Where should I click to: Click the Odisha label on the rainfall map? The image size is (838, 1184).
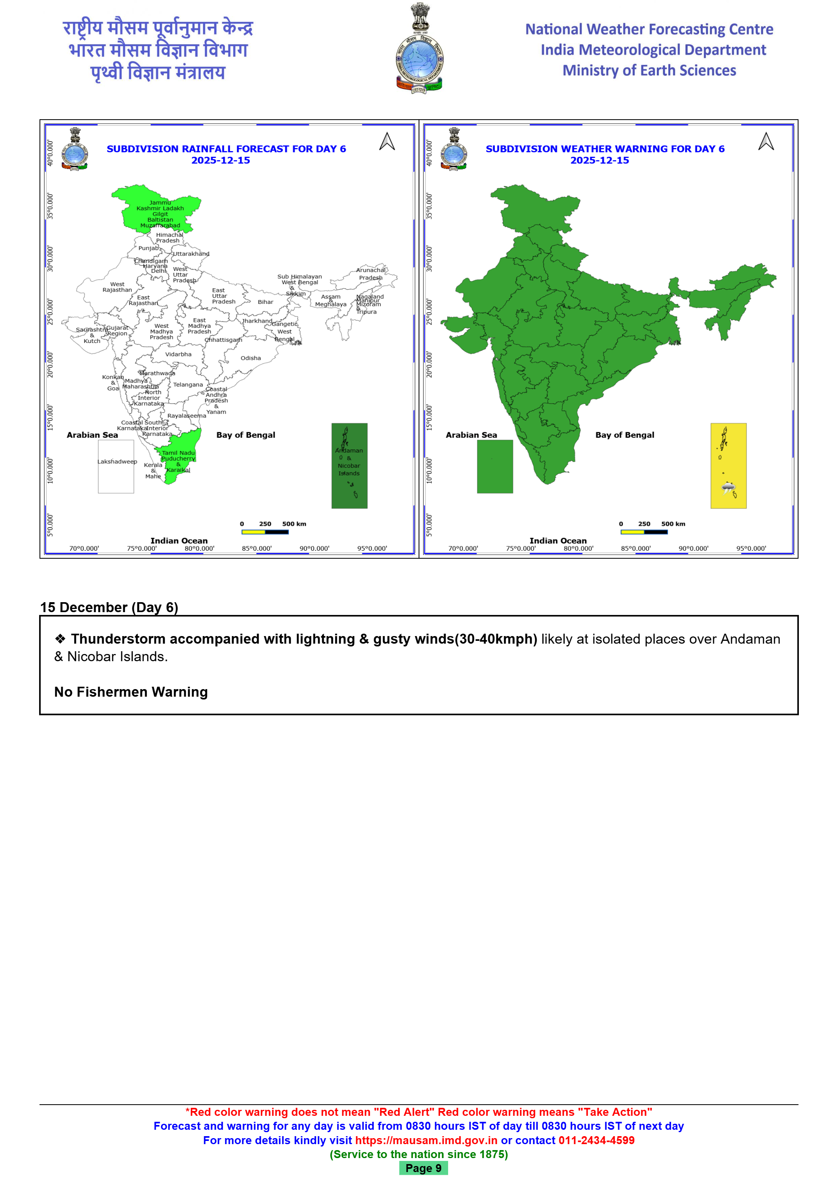point(250,358)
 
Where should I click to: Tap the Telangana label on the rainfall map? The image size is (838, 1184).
point(188,385)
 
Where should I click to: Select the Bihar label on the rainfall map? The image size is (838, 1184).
point(265,302)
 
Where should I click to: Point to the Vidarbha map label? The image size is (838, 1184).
point(178,354)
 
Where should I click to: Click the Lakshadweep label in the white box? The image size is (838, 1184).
point(117,461)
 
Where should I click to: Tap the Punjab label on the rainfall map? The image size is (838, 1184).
point(148,248)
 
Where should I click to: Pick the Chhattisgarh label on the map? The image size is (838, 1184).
point(223,340)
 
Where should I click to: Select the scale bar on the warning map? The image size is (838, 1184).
point(644,532)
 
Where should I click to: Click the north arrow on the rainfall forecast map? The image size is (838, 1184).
point(387,142)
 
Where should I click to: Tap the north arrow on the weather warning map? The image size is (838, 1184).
point(766,142)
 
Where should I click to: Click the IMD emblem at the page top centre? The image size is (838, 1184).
point(419,49)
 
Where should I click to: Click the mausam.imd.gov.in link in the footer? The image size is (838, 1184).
point(426,1140)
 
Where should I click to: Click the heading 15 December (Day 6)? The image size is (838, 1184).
point(109,607)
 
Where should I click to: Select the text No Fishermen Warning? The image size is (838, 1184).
point(131,691)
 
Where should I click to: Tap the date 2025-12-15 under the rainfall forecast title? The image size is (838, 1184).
point(220,160)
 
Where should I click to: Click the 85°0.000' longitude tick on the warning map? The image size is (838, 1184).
point(636,549)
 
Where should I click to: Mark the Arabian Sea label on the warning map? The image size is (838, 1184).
point(471,435)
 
